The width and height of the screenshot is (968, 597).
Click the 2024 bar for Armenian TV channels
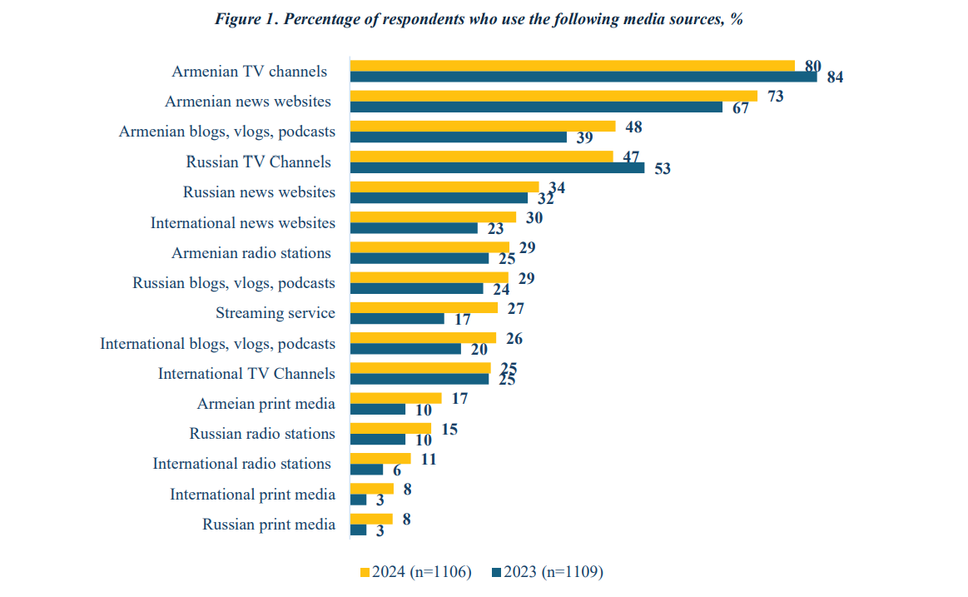573,66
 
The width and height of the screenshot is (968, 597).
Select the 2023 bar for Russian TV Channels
497,167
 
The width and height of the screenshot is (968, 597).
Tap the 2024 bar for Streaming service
424,307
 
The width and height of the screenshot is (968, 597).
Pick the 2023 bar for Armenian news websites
536,107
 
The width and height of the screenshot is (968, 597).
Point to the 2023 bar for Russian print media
359,530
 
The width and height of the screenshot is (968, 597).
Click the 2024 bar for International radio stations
380,458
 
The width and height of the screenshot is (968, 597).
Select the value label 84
835,77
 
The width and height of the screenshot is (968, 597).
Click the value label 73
775,97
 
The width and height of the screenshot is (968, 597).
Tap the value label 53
662,169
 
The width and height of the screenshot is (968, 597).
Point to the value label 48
633,127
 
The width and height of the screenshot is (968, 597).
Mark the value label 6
396,470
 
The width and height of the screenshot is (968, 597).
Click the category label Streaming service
276,313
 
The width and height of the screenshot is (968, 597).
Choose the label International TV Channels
246,374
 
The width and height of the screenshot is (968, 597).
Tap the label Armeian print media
266,404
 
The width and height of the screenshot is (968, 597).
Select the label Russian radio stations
262,434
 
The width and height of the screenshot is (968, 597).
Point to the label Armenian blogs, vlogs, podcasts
227,132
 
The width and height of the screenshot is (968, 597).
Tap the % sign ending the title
736,19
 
